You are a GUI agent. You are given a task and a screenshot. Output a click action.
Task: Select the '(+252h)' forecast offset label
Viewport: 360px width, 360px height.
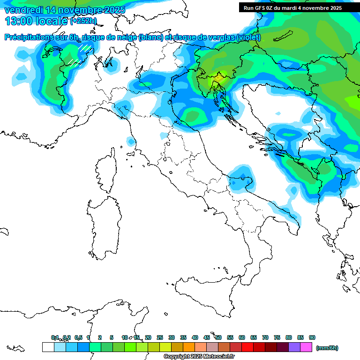click(83, 21)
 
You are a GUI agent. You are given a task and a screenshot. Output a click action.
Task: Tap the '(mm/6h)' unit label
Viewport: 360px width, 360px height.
click(327, 348)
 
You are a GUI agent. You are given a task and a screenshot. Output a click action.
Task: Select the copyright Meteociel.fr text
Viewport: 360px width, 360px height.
click(199, 356)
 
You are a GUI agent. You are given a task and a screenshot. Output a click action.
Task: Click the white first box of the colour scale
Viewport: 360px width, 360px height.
click(48, 347)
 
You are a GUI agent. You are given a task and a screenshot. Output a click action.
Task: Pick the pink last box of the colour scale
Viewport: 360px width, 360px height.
click(306, 347)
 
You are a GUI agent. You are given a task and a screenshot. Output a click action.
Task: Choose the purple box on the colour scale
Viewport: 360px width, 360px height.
click(294, 347)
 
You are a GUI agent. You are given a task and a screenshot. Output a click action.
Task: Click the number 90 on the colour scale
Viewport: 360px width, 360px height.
click(312, 337)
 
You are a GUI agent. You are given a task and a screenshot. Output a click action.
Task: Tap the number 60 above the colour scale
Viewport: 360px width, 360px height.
click(242, 337)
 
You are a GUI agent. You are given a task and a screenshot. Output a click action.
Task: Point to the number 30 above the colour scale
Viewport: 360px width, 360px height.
click(172, 337)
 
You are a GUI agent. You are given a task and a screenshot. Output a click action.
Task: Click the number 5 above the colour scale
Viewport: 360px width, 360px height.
click(112, 337)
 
